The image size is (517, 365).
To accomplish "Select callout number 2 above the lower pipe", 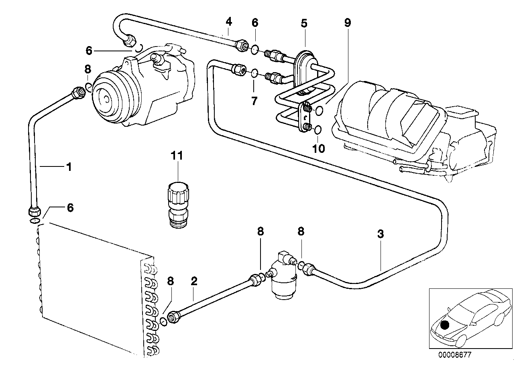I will pyautogui.click(x=194, y=282).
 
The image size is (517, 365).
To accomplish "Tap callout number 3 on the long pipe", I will pyautogui.click(x=381, y=234).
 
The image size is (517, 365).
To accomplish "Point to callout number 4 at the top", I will pyautogui.click(x=228, y=21).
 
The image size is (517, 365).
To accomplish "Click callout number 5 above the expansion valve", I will pyautogui.click(x=304, y=23).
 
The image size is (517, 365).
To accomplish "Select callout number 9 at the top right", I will pyautogui.click(x=347, y=23).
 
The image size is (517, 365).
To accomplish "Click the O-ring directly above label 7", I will pyautogui.click(x=254, y=73).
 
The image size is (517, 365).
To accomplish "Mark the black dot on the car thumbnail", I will pyautogui.click(x=445, y=325).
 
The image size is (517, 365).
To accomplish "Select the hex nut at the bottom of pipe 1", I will pyautogui.click(x=34, y=211).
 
